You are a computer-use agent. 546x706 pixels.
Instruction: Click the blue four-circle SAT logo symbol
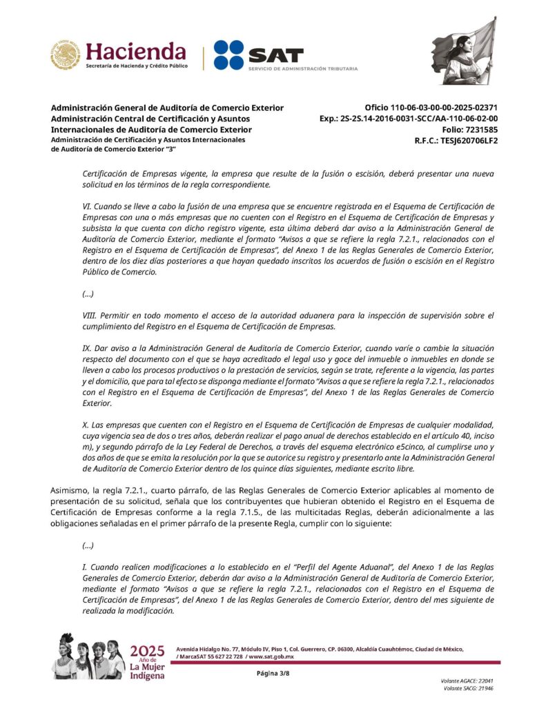coord(228,54)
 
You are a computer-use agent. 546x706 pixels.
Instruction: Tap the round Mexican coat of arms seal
coord(66,55)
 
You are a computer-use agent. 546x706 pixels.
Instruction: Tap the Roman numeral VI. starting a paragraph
coord(86,207)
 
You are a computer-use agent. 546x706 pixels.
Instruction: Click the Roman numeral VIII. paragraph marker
coord(90,315)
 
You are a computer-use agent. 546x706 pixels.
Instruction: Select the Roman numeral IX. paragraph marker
coord(86,348)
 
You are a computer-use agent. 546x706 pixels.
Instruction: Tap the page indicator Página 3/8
coord(273,673)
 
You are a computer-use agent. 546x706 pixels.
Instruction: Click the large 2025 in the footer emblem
coord(147,650)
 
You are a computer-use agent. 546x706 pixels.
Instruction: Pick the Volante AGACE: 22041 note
coord(467,680)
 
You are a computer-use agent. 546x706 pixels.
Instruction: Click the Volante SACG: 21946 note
coord(469,688)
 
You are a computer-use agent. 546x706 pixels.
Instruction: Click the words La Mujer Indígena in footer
coord(147,670)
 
